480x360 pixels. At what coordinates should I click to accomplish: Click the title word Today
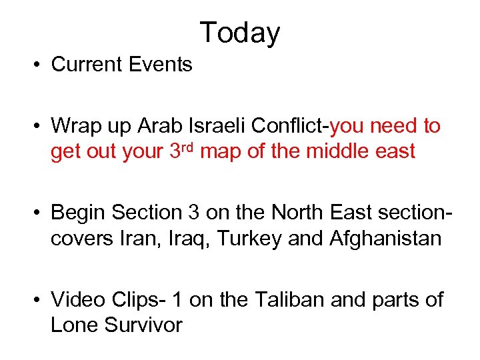click(240, 33)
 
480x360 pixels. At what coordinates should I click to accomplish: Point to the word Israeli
click(203, 126)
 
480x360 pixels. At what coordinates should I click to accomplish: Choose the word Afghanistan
click(386, 238)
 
